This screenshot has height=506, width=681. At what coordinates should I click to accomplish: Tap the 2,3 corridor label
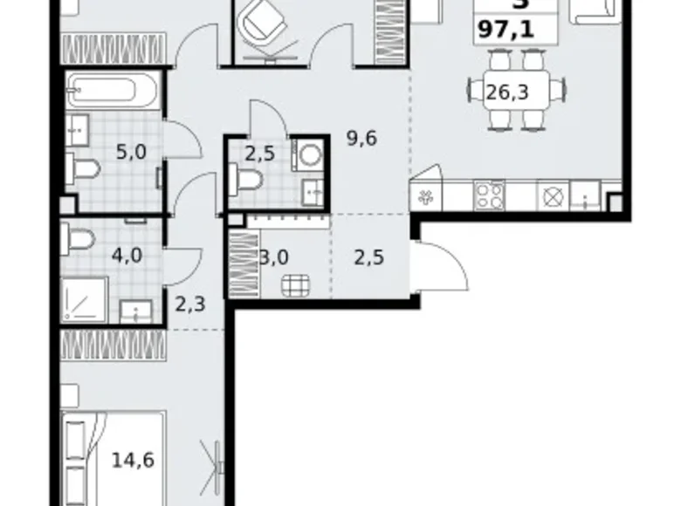coord(190,304)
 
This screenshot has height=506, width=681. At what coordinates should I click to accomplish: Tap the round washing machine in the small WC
coord(307,154)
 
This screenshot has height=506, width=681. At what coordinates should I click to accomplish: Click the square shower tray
coord(85,299)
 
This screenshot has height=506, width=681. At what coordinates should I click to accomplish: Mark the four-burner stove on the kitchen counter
coord(489,195)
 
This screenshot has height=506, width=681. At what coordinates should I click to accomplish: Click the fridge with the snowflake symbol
coord(427,195)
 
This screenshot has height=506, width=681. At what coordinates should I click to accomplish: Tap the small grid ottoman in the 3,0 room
coord(295,284)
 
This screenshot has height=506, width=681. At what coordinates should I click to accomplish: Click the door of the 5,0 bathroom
coord(181,138)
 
